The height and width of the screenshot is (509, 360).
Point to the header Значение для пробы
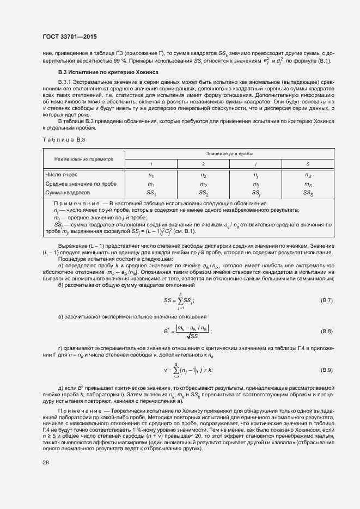[229, 155]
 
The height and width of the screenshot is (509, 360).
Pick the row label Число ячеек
[62, 175]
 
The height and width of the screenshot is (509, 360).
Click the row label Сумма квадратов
[67, 193]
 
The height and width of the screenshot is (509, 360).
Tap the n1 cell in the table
[151, 175]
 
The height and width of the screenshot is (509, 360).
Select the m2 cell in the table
[203, 184]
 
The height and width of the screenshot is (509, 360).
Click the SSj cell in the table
[255, 193]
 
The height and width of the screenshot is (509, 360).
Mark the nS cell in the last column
[308, 175]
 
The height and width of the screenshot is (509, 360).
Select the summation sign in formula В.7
[180, 300]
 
